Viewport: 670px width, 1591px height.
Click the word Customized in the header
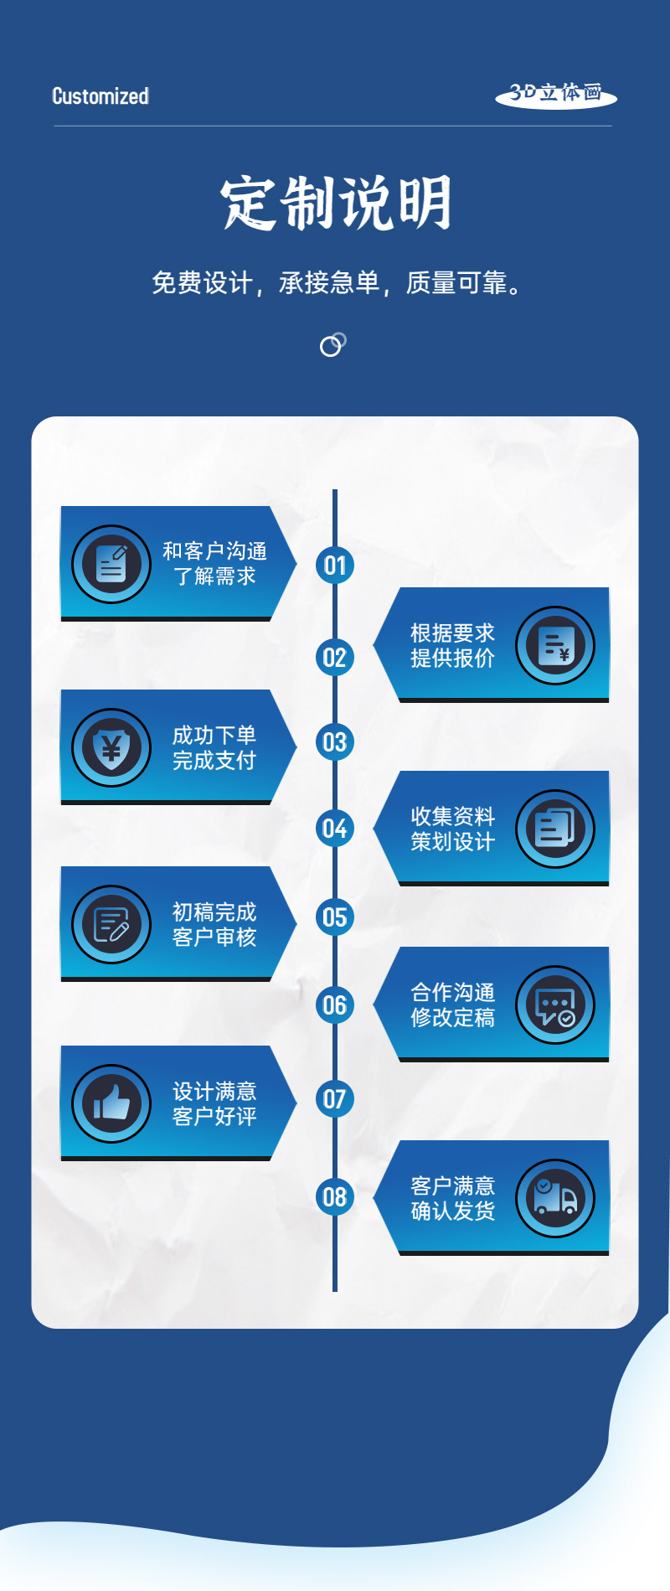(x=100, y=96)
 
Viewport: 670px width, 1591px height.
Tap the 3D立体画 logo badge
(x=556, y=94)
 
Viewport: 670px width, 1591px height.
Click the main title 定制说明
(x=336, y=204)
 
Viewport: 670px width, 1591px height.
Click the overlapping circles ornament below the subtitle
(x=332, y=344)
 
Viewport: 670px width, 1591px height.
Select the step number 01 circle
(x=335, y=566)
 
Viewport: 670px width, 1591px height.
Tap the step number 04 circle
(x=335, y=829)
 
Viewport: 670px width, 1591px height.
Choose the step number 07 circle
(x=335, y=1098)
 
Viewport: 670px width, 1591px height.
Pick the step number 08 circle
(x=335, y=1196)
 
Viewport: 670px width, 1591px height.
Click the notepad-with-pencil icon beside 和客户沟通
(x=111, y=564)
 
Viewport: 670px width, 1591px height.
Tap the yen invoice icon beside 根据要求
(x=554, y=645)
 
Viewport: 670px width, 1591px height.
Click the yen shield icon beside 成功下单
(x=111, y=747)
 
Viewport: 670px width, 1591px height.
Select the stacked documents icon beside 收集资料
(x=554, y=829)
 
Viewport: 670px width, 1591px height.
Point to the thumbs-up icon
(x=111, y=1103)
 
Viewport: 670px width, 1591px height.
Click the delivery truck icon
(x=554, y=1198)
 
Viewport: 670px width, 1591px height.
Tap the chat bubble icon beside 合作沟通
(x=554, y=1005)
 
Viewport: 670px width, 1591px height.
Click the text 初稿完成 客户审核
(x=214, y=924)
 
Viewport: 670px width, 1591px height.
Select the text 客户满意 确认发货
(x=452, y=1198)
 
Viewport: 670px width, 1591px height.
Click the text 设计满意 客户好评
(x=214, y=1103)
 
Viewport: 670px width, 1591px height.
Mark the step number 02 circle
(x=335, y=658)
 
